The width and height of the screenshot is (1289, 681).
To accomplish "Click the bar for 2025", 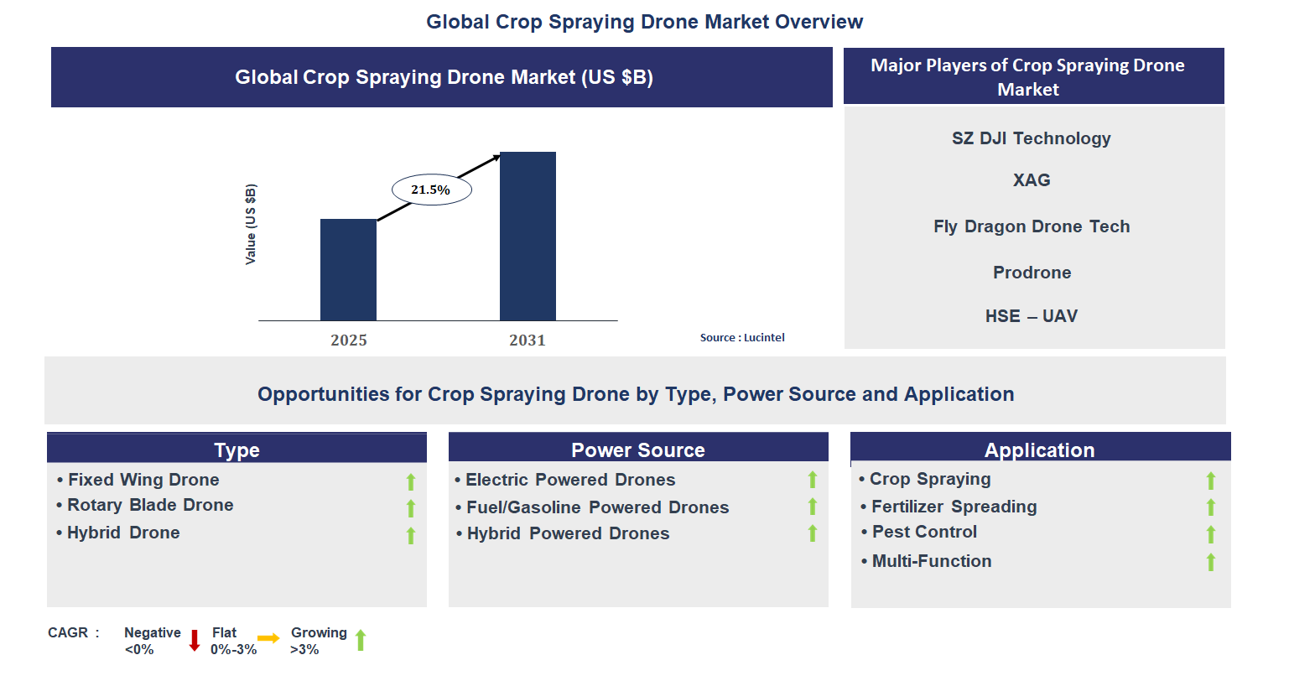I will [x=348, y=270].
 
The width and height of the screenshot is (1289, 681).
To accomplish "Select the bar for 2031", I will [x=528, y=237].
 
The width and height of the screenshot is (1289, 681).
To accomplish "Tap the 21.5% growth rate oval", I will [x=431, y=190].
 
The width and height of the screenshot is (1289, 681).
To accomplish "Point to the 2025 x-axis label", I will [x=348, y=340].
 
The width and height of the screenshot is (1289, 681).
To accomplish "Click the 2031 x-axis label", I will [x=527, y=340].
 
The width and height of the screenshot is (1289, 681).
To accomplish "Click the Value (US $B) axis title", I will [x=251, y=224].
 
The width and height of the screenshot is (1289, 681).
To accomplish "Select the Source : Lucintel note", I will [x=742, y=337].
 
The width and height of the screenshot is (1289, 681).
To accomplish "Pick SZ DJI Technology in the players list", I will [x=1031, y=138].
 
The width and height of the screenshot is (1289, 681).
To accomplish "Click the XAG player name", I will [x=1031, y=180].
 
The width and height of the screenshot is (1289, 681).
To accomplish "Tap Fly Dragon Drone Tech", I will [x=1031, y=226].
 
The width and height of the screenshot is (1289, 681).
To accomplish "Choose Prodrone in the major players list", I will [x=1032, y=273].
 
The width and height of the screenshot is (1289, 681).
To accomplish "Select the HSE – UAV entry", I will [x=1031, y=316].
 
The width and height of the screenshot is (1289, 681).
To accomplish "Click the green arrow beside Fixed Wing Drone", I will [x=411, y=481].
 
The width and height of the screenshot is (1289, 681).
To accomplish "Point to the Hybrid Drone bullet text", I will [x=123, y=533].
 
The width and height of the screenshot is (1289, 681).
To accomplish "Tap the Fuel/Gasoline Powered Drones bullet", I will [x=597, y=507].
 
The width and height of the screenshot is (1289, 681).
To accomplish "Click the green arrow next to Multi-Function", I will [x=1210, y=562].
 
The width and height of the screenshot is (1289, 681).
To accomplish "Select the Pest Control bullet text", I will [x=924, y=532].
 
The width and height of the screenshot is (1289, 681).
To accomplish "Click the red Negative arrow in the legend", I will [x=195, y=641].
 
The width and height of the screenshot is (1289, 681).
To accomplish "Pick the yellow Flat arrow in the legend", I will [x=268, y=639].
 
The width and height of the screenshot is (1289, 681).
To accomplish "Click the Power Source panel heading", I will [x=637, y=450].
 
